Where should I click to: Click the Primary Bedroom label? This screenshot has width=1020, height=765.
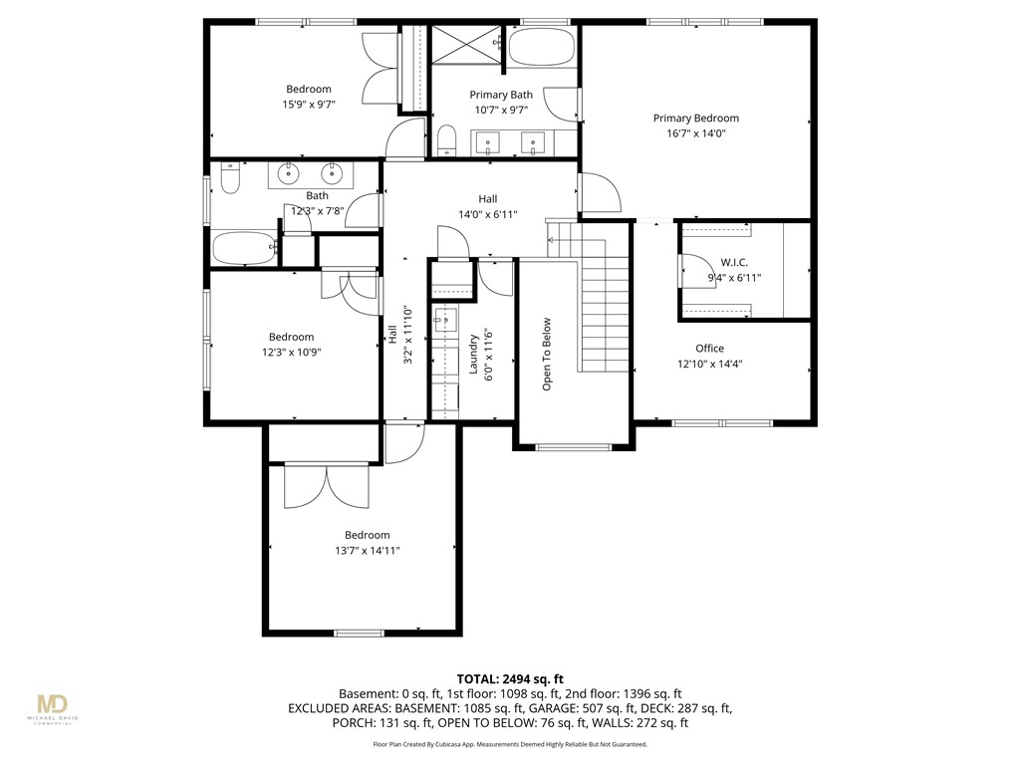tap(695, 118)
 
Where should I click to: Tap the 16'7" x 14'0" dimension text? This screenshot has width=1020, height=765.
tap(695, 133)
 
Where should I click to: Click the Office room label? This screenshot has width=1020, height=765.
tap(709, 349)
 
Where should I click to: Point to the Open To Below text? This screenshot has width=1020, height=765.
tap(547, 355)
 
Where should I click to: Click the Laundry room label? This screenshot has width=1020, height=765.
tap(473, 355)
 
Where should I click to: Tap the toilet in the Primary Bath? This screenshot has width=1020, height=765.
tap(445, 139)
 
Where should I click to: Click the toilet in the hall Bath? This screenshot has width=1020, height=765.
tap(229, 180)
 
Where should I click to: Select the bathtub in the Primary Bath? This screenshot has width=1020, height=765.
tap(543, 48)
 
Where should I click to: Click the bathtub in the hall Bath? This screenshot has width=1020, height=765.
tap(242, 248)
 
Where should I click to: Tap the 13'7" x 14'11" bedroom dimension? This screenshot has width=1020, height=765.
tap(367, 551)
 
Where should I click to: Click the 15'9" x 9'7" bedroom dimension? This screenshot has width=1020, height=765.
tap(308, 104)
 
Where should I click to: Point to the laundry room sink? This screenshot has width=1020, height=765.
tap(444, 321)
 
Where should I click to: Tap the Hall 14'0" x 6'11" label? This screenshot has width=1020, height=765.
tap(487, 206)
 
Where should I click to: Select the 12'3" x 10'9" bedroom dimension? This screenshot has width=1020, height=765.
tap(291, 352)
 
